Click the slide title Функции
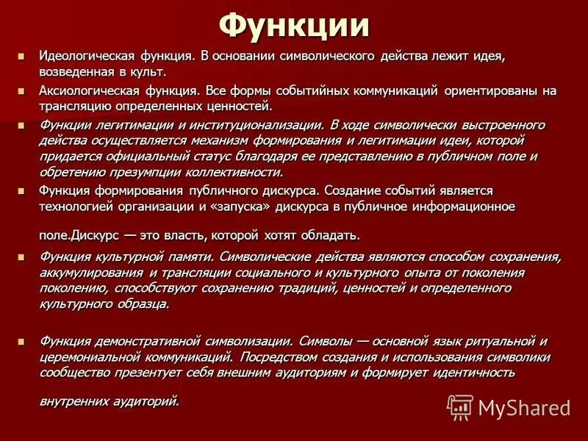click(294, 27)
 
